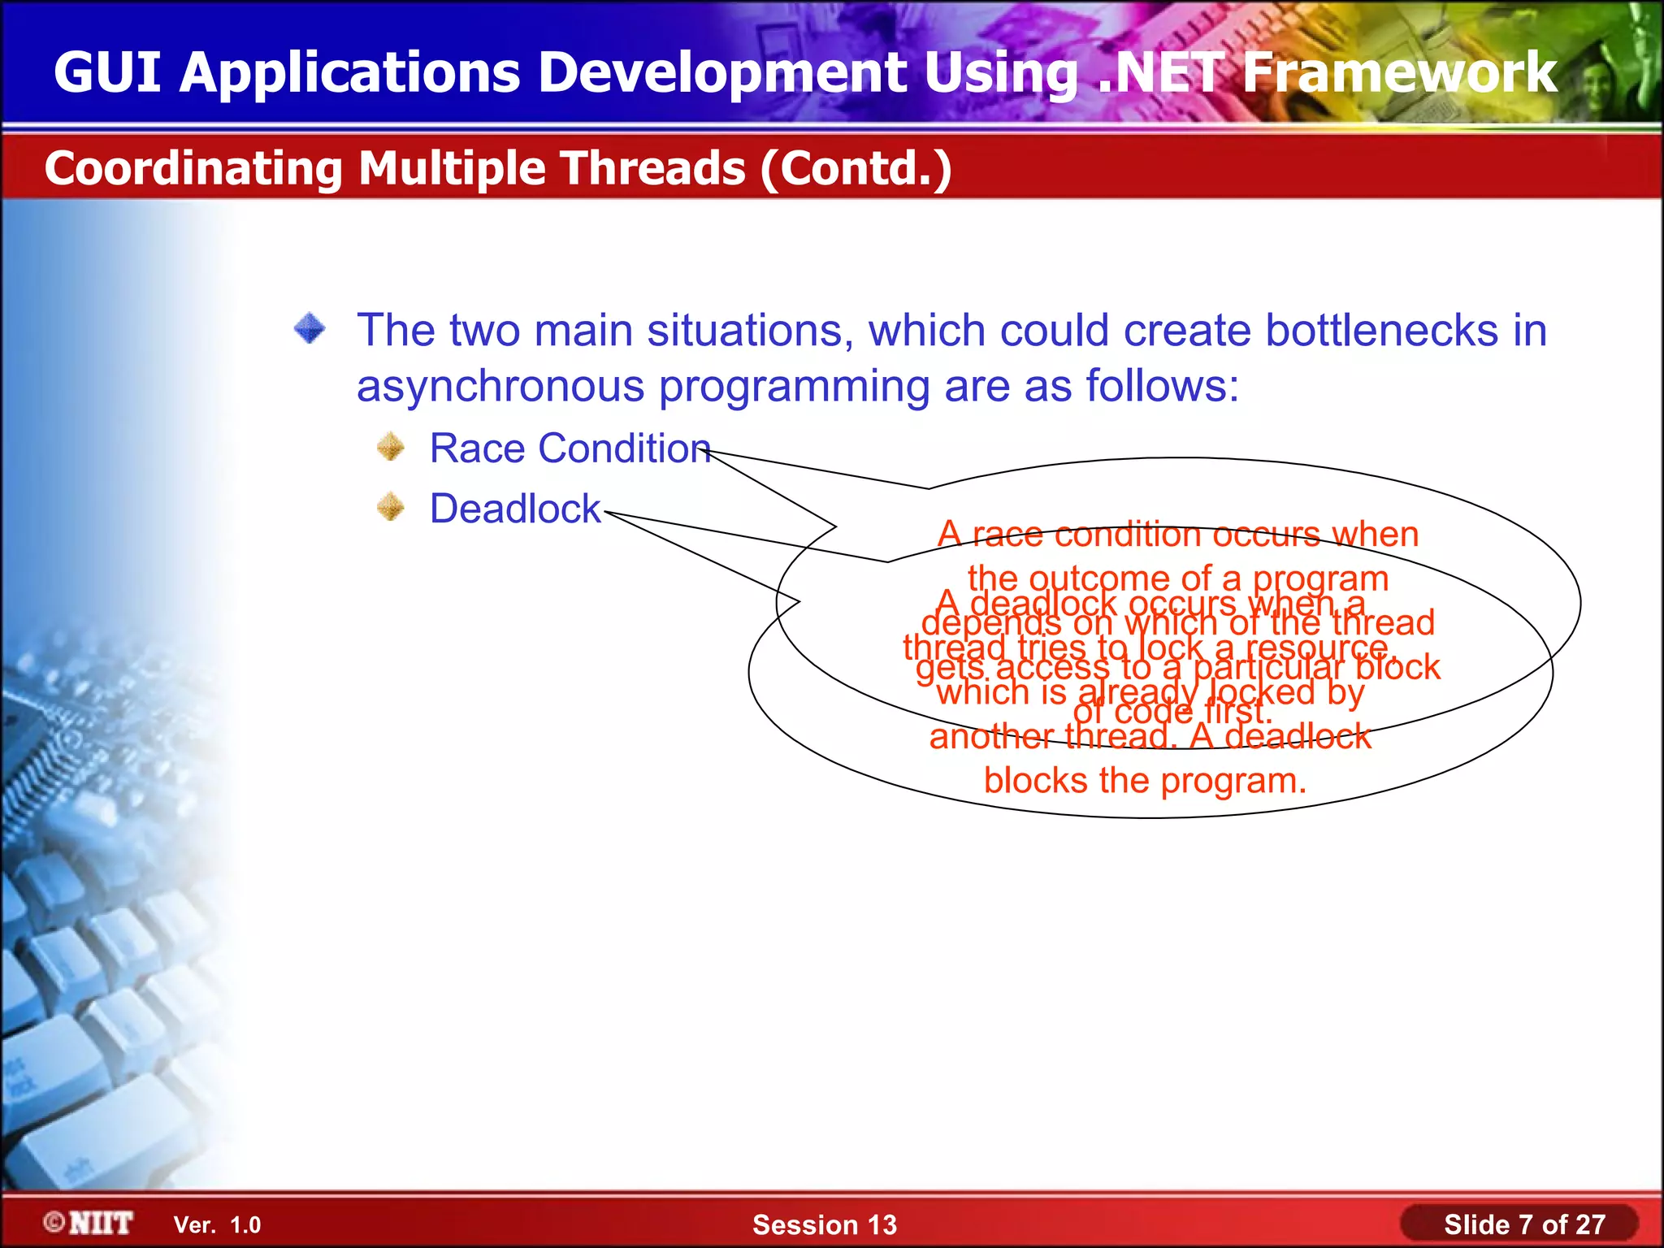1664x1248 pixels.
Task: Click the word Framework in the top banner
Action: (x=1399, y=73)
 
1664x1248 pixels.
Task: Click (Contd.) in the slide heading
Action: (x=856, y=168)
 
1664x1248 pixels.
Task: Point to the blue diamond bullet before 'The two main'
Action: (x=310, y=329)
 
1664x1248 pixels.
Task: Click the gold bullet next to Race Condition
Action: (x=391, y=447)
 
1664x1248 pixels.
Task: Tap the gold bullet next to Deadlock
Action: (x=391, y=507)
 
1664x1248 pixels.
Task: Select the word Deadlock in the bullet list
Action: (x=515, y=509)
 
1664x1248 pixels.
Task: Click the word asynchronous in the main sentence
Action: (x=500, y=386)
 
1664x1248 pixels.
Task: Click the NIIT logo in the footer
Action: (x=89, y=1223)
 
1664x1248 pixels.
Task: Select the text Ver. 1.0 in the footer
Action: (x=217, y=1224)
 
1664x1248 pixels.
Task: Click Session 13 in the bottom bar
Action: (x=824, y=1224)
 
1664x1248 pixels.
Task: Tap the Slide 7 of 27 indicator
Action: (x=1523, y=1224)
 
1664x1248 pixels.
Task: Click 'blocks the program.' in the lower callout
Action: (x=1145, y=781)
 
